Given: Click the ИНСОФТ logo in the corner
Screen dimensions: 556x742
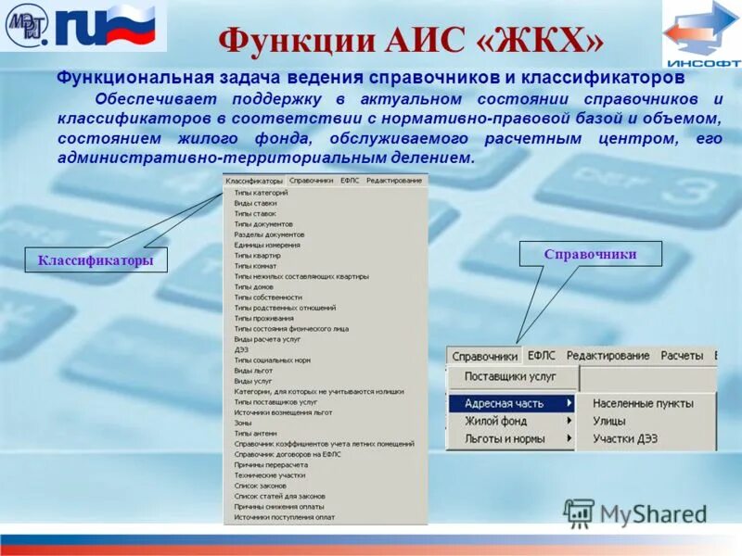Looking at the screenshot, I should (700, 34).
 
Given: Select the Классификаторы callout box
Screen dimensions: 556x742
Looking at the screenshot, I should (96, 260).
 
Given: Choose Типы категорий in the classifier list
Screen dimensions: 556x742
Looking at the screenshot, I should (261, 193).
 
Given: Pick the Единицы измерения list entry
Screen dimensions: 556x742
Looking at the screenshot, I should (267, 245).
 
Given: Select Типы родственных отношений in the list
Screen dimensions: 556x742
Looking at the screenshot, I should (285, 308).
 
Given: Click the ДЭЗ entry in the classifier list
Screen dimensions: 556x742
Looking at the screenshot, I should (242, 349).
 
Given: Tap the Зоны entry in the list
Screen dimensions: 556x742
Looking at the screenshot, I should (243, 423).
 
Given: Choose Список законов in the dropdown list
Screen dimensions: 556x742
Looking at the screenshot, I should (260, 486).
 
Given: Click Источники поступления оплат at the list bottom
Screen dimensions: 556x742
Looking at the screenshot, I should (284, 517).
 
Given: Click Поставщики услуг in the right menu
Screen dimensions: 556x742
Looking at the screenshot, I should (510, 377).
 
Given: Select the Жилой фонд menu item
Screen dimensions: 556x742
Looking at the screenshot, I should (495, 421).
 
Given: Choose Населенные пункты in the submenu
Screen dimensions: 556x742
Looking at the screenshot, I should (643, 403).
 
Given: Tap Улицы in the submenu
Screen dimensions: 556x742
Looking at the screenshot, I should (609, 421).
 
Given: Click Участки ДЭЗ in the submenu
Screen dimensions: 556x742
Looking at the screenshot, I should (625, 438).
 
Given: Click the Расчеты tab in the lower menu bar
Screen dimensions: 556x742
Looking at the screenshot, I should (682, 356).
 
